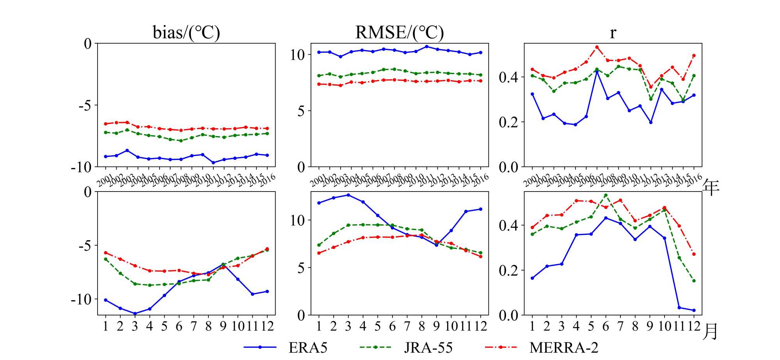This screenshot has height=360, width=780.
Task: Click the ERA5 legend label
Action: click(x=308, y=347)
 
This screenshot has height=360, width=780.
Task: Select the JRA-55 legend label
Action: click(x=428, y=347)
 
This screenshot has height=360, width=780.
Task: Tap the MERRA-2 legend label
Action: click(x=563, y=347)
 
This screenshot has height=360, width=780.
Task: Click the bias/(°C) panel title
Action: click(x=186, y=32)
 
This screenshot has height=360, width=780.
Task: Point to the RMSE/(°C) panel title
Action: click(x=399, y=32)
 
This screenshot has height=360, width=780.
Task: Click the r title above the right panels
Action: click(x=613, y=33)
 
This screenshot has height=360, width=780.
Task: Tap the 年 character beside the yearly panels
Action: click(x=711, y=188)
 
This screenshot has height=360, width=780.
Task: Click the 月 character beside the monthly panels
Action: click(x=711, y=332)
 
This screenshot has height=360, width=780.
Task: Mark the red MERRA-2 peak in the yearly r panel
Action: click(x=597, y=47)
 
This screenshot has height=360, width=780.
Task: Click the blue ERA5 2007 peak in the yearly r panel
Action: click(x=597, y=72)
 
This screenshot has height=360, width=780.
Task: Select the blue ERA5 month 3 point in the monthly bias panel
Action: click(x=135, y=314)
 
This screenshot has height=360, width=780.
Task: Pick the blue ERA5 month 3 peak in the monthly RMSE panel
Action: click(x=348, y=195)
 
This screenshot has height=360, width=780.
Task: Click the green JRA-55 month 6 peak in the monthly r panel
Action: click(x=606, y=195)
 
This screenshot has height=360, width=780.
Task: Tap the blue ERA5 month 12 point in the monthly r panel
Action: click(x=694, y=310)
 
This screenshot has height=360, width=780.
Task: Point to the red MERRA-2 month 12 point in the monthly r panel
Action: click(x=694, y=254)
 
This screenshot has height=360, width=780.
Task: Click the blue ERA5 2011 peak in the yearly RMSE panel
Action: click(x=426, y=46)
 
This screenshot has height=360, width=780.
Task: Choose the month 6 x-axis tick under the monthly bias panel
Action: click(x=179, y=326)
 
